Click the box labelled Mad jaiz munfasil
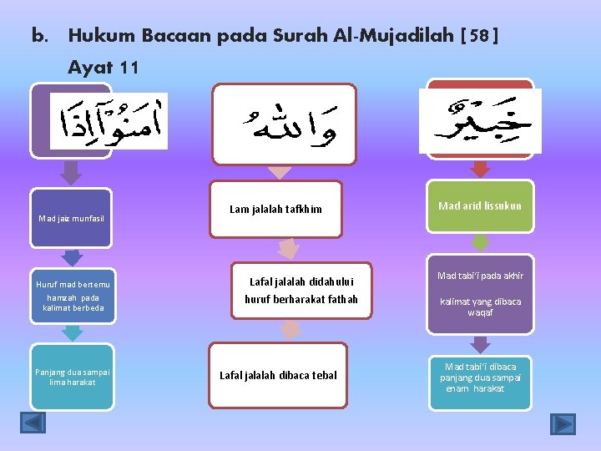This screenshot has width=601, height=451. click(x=71, y=219)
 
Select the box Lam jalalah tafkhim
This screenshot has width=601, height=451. click(x=275, y=209)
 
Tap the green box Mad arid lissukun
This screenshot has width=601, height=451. click(x=480, y=205)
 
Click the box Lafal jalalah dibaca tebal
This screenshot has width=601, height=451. click(x=278, y=375)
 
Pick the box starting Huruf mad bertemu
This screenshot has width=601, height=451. click(x=71, y=296)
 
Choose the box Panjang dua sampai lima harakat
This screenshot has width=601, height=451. click(x=71, y=377)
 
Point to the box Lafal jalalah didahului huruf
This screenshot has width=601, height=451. click(x=290, y=290)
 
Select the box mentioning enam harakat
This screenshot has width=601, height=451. click(x=480, y=378)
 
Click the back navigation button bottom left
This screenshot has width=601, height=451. click(x=33, y=423)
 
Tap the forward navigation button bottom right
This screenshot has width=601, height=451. click(x=563, y=423)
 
